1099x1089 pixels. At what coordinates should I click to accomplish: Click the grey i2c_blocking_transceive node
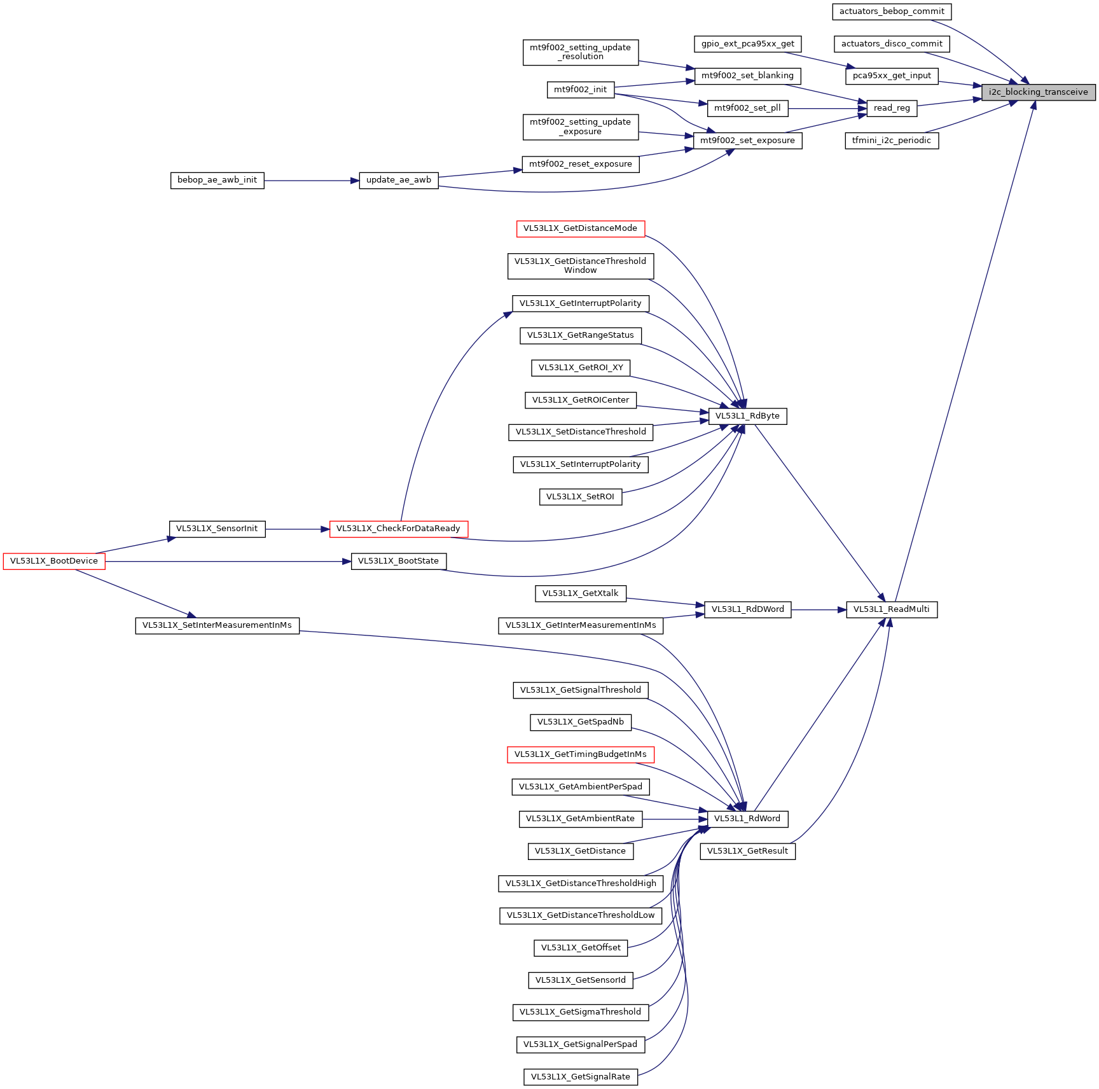pyautogui.click(x=1038, y=92)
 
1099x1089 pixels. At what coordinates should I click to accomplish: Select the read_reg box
pyautogui.click(x=892, y=108)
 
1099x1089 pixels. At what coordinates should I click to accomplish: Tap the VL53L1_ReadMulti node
pyautogui.click(x=891, y=609)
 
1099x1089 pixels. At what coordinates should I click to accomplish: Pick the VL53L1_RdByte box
pyautogui.click(x=747, y=416)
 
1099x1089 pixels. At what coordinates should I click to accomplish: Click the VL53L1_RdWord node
pyautogui.click(x=747, y=819)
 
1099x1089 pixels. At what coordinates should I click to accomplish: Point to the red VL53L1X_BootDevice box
pyautogui.click(x=54, y=561)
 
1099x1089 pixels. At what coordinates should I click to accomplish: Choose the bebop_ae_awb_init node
pyautogui.click(x=217, y=180)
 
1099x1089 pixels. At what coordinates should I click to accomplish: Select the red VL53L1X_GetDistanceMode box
pyautogui.click(x=580, y=228)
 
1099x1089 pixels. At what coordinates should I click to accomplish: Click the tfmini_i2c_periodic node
pyautogui.click(x=891, y=141)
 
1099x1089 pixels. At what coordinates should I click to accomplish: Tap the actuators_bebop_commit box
pyautogui.click(x=892, y=11)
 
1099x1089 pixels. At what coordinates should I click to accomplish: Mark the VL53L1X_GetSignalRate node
pyautogui.click(x=580, y=1077)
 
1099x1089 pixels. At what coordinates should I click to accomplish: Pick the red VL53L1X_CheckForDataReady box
pyautogui.click(x=398, y=529)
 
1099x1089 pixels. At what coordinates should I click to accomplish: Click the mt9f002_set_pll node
pyautogui.click(x=747, y=108)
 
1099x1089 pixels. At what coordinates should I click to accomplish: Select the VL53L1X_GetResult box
pyautogui.click(x=747, y=851)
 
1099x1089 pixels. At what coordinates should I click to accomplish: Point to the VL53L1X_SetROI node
pyautogui.click(x=580, y=497)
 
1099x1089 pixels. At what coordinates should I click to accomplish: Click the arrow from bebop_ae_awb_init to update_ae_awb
pyautogui.click(x=312, y=181)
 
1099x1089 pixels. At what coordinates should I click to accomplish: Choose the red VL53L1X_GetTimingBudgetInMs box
pyautogui.click(x=580, y=754)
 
